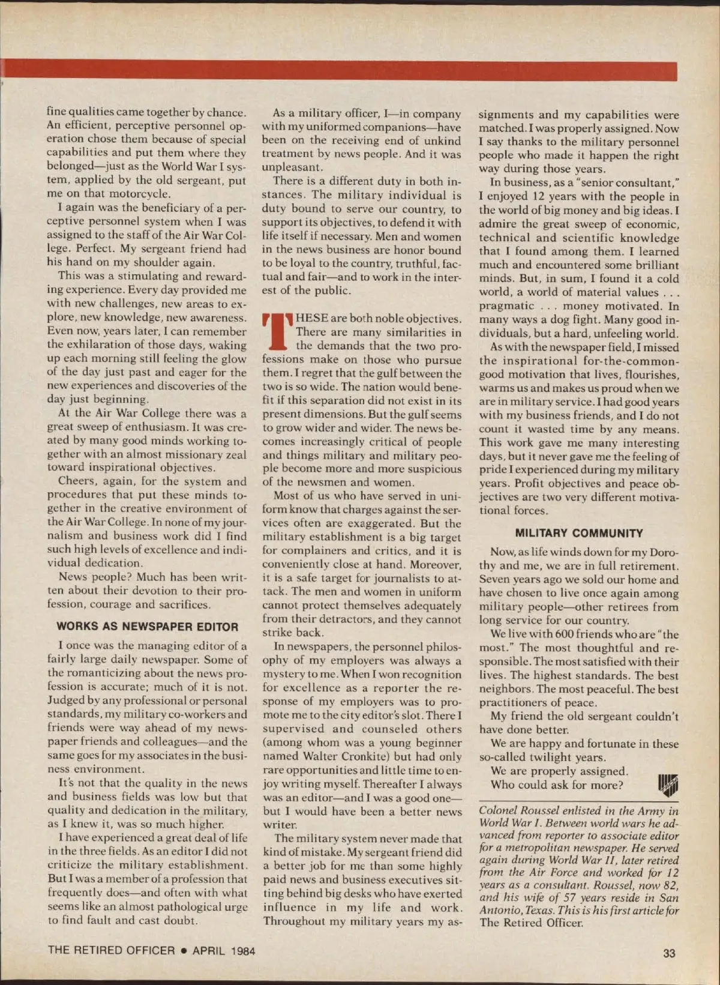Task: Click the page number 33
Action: click(669, 953)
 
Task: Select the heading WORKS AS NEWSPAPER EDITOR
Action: click(148, 627)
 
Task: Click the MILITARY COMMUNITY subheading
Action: click(579, 533)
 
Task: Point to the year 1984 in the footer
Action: click(242, 951)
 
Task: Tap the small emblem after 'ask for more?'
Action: click(668, 785)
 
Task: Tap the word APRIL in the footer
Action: click(208, 951)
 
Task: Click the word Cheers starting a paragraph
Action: click(76, 481)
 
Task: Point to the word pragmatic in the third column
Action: click(506, 306)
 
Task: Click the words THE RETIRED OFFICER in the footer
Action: click(111, 951)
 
